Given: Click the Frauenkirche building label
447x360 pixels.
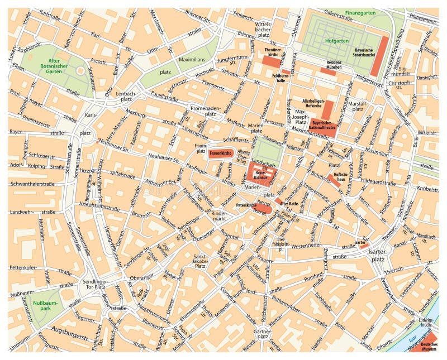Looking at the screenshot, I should point(220,152).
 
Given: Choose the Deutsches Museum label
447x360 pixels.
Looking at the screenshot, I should point(429,346).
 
